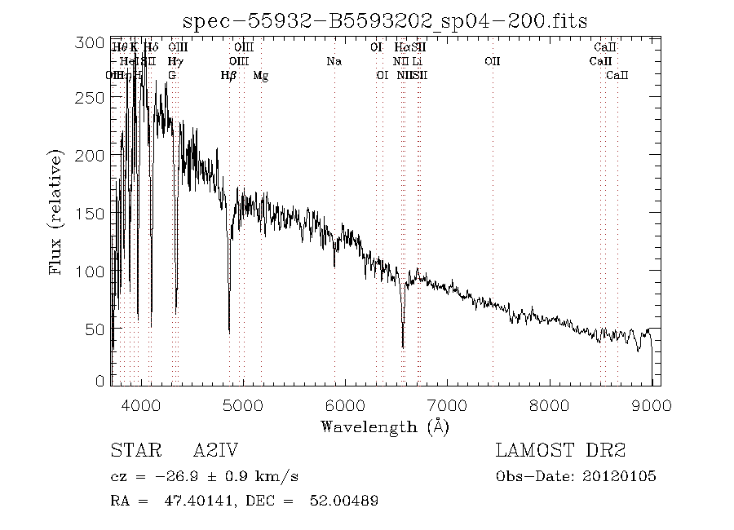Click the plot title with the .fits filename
click(x=385, y=20)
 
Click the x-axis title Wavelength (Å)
click(x=385, y=426)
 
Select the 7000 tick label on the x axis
click(x=448, y=404)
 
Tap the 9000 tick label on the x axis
click(x=651, y=404)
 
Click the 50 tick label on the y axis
click(x=99, y=328)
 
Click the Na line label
click(x=334, y=61)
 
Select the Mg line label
click(x=260, y=76)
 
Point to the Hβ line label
click(x=228, y=76)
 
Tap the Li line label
click(x=417, y=61)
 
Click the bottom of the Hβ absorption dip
click(x=229, y=331)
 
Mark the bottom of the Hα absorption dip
click(x=403, y=347)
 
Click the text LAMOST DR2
click(x=559, y=450)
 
